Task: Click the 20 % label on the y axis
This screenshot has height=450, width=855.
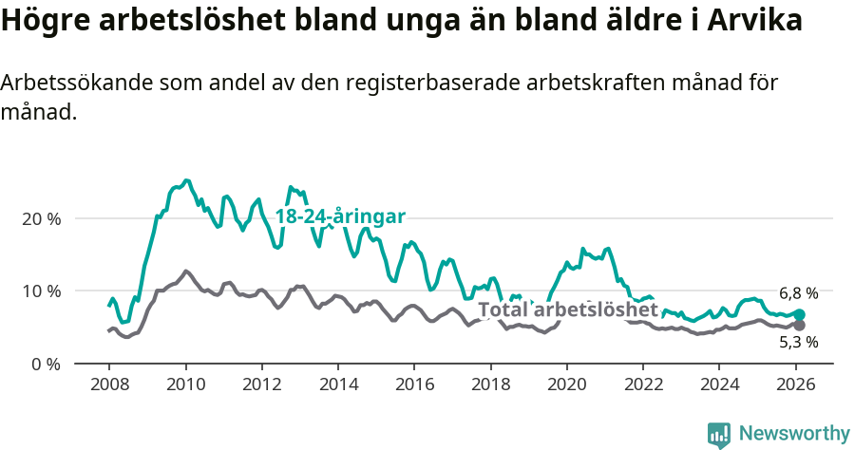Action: click(40, 218)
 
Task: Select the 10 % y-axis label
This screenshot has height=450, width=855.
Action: click(40, 291)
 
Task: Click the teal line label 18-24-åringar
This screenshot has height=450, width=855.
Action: click(340, 216)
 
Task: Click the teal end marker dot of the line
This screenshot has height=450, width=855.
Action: click(800, 314)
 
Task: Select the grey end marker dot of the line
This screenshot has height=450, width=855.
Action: click(800, 326)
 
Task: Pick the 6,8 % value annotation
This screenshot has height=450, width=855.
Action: click(798, 293)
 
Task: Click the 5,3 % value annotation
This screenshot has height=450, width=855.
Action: click(798, 343)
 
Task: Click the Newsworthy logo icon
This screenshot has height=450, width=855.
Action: click(719, 434)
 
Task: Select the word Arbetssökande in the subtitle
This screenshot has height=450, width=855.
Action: click(75, 83)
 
